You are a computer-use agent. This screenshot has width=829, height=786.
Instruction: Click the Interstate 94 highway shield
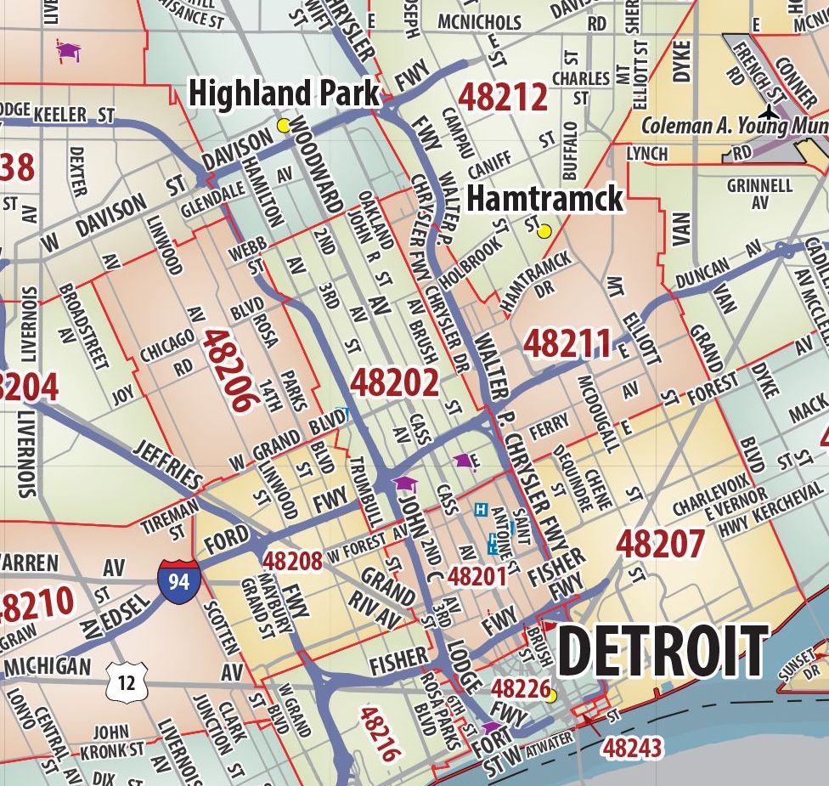point(178,581)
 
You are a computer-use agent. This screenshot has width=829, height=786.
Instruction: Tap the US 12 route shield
point(127,681)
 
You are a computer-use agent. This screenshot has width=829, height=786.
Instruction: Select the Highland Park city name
point(284,93)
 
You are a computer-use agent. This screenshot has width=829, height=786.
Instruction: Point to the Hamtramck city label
point(544,199)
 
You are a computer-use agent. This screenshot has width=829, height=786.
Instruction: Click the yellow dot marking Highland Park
point(284,126)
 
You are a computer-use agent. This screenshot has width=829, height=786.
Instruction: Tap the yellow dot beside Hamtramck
point(544,230)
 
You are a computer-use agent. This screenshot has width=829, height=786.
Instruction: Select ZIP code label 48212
point(503,98)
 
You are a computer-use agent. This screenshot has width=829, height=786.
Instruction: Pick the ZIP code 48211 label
point(567,344)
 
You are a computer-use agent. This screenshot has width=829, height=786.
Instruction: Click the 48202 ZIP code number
point(394,383)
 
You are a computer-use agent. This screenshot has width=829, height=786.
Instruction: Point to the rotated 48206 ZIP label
point(229,371)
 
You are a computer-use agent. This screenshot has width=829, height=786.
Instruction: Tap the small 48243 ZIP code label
point(631,748)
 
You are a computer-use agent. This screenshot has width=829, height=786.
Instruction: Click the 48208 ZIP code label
point(292,561)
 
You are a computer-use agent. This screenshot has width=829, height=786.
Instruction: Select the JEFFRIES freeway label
point(167,466)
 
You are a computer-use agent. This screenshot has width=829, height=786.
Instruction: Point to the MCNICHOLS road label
point(480,20)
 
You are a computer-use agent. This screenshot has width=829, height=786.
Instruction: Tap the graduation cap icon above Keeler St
point(68,50)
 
